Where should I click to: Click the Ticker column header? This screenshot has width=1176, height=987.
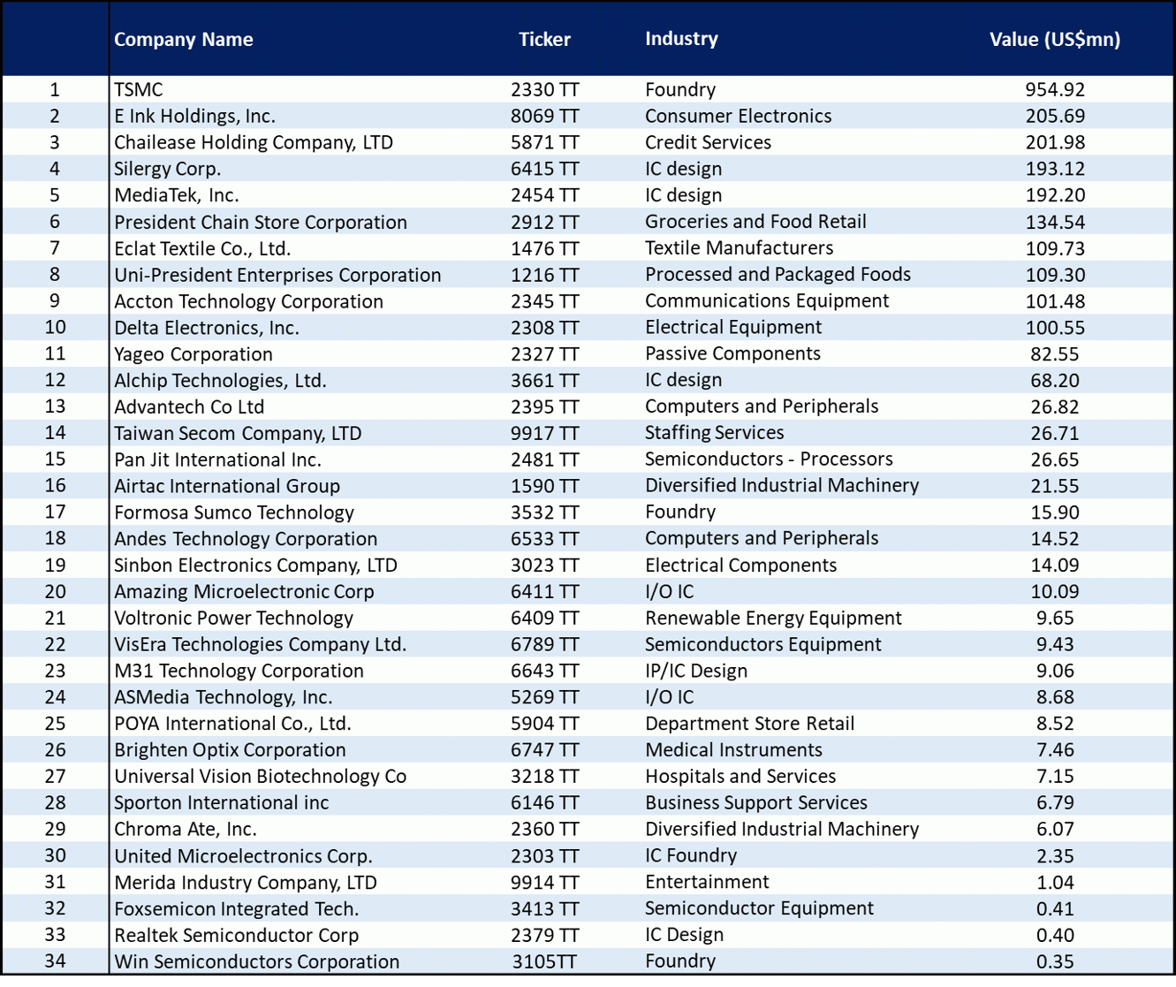click(544, 39)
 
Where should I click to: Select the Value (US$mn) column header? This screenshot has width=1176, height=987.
click(1055, 39)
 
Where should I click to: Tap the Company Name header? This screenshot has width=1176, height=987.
click(184, 40)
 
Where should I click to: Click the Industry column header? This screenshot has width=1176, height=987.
click(681, 38)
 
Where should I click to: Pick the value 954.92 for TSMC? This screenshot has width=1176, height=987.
click(1055, 89)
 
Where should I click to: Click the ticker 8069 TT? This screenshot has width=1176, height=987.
click(544, 116)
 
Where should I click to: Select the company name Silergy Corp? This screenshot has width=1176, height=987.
click(167, 169)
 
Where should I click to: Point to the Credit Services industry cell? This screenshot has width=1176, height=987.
click(708, 142)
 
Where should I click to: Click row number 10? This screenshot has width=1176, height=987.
click(55, 327)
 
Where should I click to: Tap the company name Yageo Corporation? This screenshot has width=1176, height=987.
click(193, 354)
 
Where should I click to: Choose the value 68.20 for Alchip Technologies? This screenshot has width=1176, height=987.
click(1055, 380)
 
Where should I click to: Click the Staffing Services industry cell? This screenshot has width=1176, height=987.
click(714, 433)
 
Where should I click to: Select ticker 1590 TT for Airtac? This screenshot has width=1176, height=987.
click(544, 486)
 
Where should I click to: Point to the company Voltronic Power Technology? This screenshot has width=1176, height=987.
click(234, 618)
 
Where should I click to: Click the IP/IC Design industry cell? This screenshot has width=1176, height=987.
click(696, 671)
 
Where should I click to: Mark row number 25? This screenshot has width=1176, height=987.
click(55, 724)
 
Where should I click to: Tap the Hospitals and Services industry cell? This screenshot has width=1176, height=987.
click(740, 777)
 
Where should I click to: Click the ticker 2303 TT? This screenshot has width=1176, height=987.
click(544, 855)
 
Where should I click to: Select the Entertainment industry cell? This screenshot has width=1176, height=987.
click(707, 882)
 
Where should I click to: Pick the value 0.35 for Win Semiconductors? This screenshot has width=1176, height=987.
click(1055, 961)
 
